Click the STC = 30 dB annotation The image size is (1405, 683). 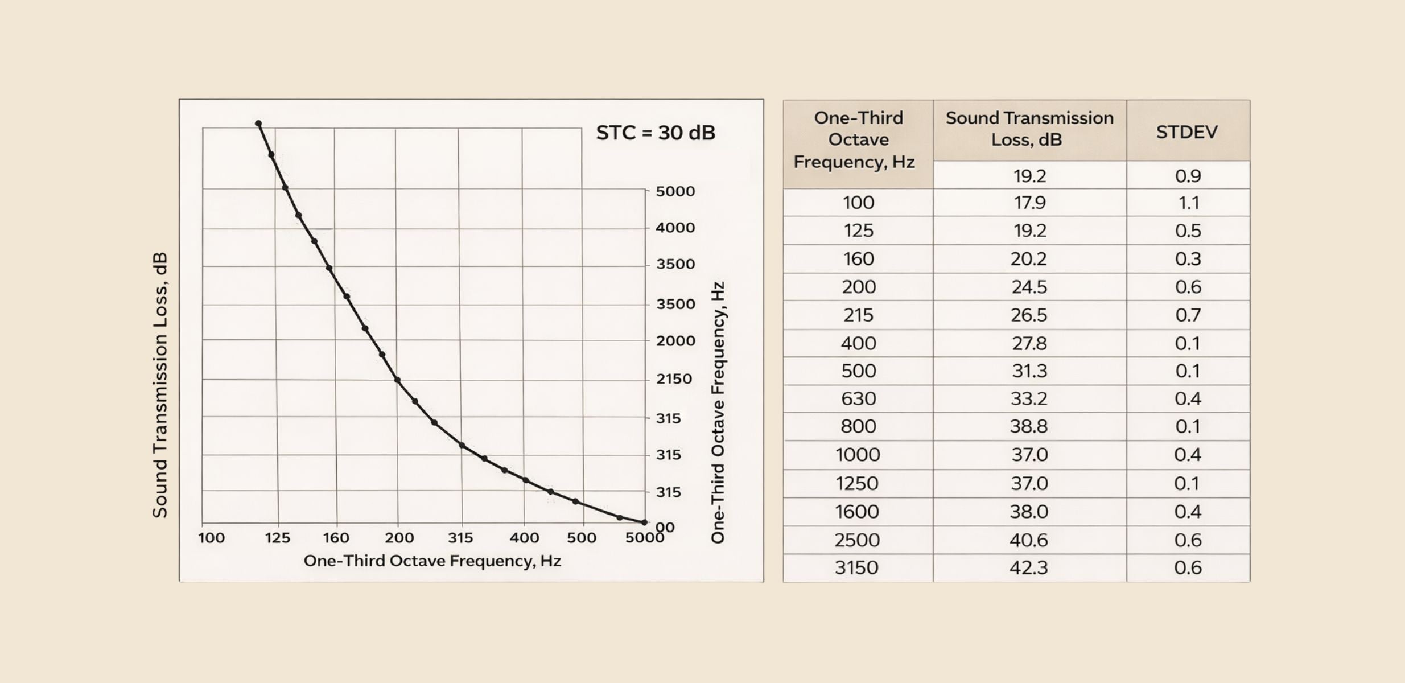pyautogui.click(x=656, y=133)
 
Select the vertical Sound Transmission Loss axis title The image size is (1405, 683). pyautogui.click(x=160, y=385)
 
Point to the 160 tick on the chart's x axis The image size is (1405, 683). pyautogui.click(x=336, y=538)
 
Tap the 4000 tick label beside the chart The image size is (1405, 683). pyautogui.click(x=675, y=228)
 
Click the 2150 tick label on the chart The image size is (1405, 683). pyautogui.click(x=674, y=379)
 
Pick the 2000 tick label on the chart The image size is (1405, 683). pyautogui.click(x=675, y=341)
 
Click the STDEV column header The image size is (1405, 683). pyautogui.click(x=1187, y=132)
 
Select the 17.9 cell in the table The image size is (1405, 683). pyautogui.click(x=1029, y=203)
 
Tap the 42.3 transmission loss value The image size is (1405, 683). pyautogui.click(x=1028, y=568)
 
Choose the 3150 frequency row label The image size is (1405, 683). pyautogui.click(x=856, y=568)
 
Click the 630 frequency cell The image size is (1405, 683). pyautogui.click(x=858, y=398)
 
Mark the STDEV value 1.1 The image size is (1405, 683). pyautogui.click(x=1188, y=203)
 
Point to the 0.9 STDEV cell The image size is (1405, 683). pyautogui.click(x=1188, y=176)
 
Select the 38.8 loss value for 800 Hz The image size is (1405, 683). pyautogui.click(x=1029, y=426)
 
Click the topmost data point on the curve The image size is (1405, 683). pyautogui.click(x=258, y=124)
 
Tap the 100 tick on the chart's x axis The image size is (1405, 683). pyautogui.click(x=211, y=538)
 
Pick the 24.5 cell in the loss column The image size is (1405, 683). pyautogui.click(x=1029, y=287)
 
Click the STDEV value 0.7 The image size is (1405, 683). pyautogui.click(x=1188, y=315)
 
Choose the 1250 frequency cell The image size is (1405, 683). pyautogui.click(x=857, y=483)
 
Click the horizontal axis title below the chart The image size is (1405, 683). pyautogui.click(x=432, y=561)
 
